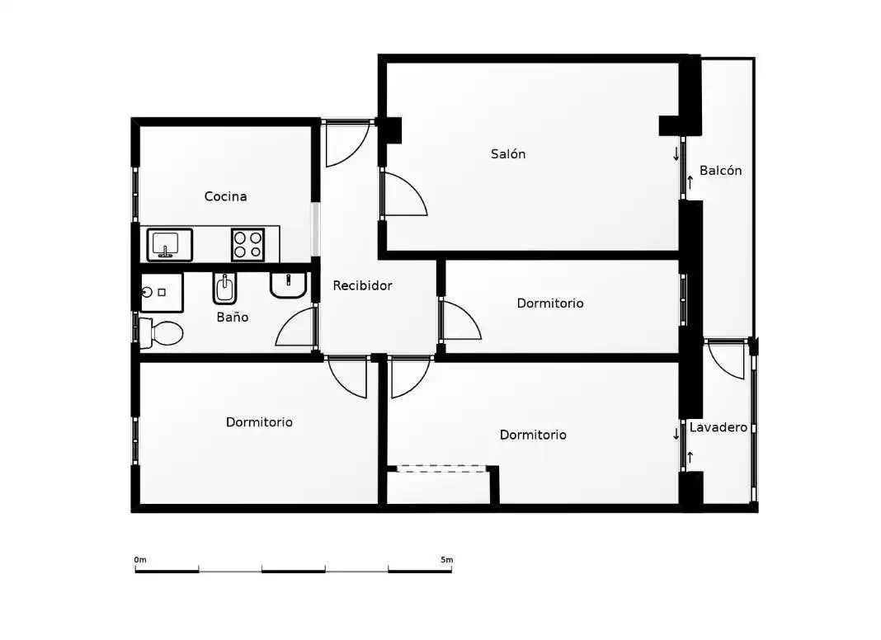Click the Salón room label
click(x=508, y=154)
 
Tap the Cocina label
click(x=225, y=196)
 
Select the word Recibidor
click(x=362, y=285)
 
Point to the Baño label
click(x=232, y=317)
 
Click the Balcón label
click(x=720, y=170)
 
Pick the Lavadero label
click(x=718, y=427)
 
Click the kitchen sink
click(x=170, y=245)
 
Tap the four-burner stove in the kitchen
click(x=247, y=245)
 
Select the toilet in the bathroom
click(x=161, y=332)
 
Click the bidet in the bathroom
click(x=224, y=288)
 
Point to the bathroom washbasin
click(x=288, y=285)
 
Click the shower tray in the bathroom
click(x=162, y=292)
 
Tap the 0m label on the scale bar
click(x=140, y=560)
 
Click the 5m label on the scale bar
click(x=446, y=560)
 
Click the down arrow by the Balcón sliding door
click(x=676, y=154)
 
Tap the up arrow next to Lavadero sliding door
click(x=690, y=458)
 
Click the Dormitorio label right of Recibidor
click(x=550, y=304)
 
